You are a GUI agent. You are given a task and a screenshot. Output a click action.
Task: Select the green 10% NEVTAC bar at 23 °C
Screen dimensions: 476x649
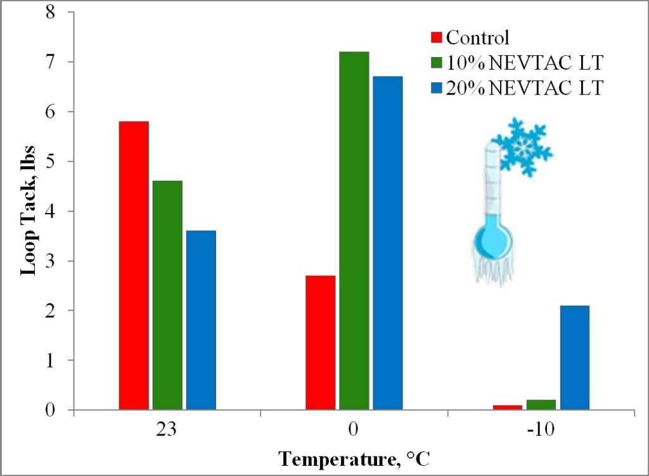pos(167,295)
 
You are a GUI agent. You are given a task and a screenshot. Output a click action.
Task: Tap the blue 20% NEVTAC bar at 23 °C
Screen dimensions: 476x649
pos(200,320)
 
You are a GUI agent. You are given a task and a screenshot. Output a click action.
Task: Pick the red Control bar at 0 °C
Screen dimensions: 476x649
pos(320,343)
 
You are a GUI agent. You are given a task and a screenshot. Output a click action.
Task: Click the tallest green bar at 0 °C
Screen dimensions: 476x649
pos(354,231)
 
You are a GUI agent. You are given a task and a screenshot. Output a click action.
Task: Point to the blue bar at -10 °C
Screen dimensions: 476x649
pos(574,357)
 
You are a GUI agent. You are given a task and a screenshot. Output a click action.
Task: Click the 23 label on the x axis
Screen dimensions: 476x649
pos(167,430)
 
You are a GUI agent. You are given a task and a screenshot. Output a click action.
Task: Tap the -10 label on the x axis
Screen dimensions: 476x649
pos(541,430)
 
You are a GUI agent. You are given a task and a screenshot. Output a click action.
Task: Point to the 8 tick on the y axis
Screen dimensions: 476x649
pos(62,12)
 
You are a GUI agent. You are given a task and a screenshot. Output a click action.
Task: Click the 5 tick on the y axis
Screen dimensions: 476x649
pos(62,161)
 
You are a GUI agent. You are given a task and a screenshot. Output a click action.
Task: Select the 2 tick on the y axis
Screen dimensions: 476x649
pos(62,311)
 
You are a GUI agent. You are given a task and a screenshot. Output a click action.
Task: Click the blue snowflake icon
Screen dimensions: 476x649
pos(522,147)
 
